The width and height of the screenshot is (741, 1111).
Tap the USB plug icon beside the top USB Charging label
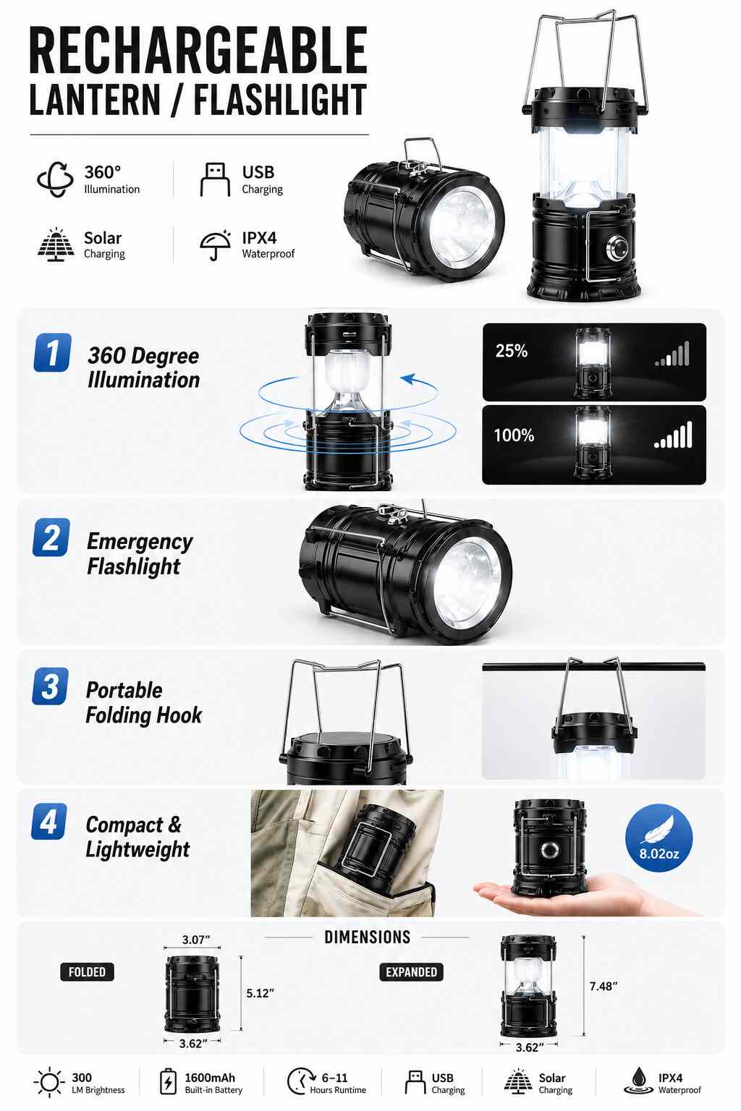[215, 179]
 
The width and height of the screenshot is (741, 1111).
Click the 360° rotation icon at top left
[55, 179]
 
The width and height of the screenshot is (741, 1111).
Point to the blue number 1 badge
[52, 353]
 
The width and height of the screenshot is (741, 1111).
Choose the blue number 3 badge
[51, 686]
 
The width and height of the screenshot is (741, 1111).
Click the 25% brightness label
[511, 351]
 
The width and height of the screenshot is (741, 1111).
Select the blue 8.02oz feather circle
[659, 838]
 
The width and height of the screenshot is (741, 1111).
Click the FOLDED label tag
[87, 971]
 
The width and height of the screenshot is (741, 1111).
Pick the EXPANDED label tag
[411, 971]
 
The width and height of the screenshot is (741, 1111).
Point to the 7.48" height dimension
[603, 986]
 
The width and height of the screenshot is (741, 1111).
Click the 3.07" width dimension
[196, 940]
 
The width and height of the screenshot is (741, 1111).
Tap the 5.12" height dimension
[260, 993]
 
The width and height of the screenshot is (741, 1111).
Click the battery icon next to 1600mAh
[168, 1082]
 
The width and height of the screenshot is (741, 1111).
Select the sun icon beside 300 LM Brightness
[49, 1082]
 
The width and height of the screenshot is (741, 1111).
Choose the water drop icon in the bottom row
[638, 1081]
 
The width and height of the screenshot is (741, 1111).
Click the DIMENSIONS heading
[368, 937]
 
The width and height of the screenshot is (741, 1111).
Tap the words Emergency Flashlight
[140, 553]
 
